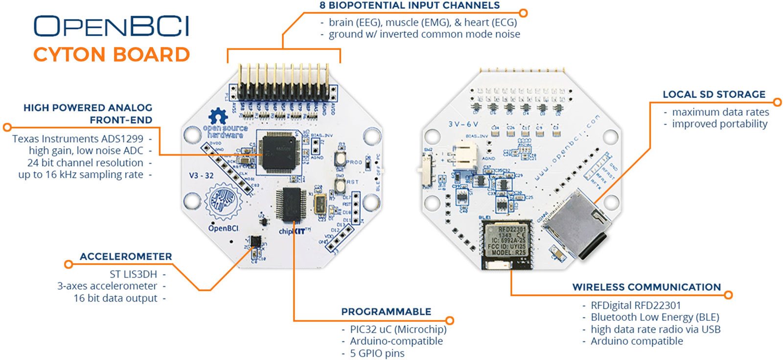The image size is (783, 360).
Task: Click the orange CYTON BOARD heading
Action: click(x=112, y=54)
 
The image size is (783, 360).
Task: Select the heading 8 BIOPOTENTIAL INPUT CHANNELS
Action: click(x=409, y=6)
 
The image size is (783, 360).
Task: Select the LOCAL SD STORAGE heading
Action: click(x=714, y=94)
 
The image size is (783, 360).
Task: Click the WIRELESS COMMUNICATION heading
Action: click(x=646, y=287)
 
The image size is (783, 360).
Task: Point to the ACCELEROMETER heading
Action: click(x=126, y=256)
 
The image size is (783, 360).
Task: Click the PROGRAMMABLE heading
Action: click(x=386, y=312)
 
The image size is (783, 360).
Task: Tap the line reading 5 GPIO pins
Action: click(x=377, y=353)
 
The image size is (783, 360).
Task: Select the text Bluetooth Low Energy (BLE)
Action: click(x=655, y=317)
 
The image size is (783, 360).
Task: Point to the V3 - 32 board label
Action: click(x=201, y=175)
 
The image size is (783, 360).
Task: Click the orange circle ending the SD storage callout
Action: click(x=778, y=102)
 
